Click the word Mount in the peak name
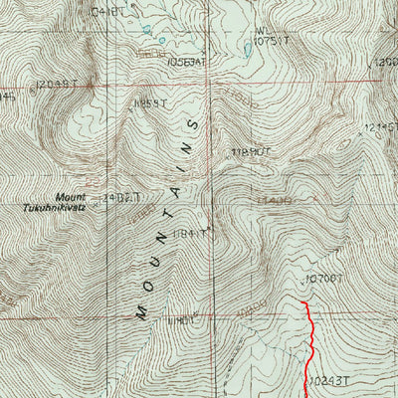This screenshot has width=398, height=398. point(71,197)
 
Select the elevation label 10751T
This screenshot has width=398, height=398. point(271,42)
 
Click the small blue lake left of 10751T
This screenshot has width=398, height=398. point(247,46)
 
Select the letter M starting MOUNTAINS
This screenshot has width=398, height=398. point(140,312)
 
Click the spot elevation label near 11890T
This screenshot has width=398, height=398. point(250,152)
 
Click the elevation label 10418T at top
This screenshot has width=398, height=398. point(110,12)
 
